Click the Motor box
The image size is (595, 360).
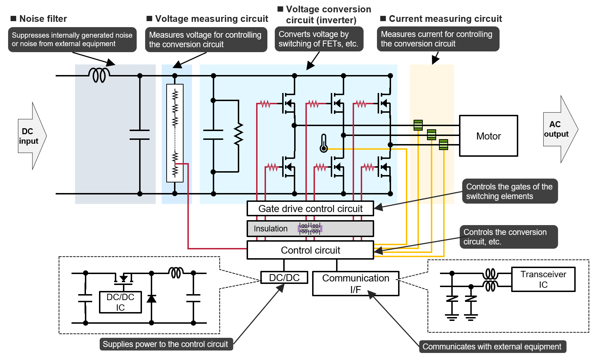pos(488,136)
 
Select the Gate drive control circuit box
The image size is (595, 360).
pos(310,209)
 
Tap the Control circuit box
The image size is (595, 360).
pos(310,250)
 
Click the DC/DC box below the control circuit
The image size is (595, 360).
pos(284,278)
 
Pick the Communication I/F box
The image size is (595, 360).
pos(355,284)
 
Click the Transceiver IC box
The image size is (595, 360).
pos(543,279)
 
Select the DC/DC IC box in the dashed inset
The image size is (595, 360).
pos(120,302)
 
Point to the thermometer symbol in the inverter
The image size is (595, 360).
pos(323,143)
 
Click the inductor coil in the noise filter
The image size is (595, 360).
pos(99,75)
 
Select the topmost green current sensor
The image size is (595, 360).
pos(418,125)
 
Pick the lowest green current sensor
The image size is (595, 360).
pos(444,144)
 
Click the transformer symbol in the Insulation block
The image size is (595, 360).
pos(310,229)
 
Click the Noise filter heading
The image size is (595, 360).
pos(39,19)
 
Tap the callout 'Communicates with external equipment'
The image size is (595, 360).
pos(492,347)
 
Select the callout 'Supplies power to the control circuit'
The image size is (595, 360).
pos(166,344)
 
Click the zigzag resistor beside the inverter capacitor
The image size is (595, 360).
pos(238,134)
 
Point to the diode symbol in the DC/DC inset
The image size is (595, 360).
pos(151,299)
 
